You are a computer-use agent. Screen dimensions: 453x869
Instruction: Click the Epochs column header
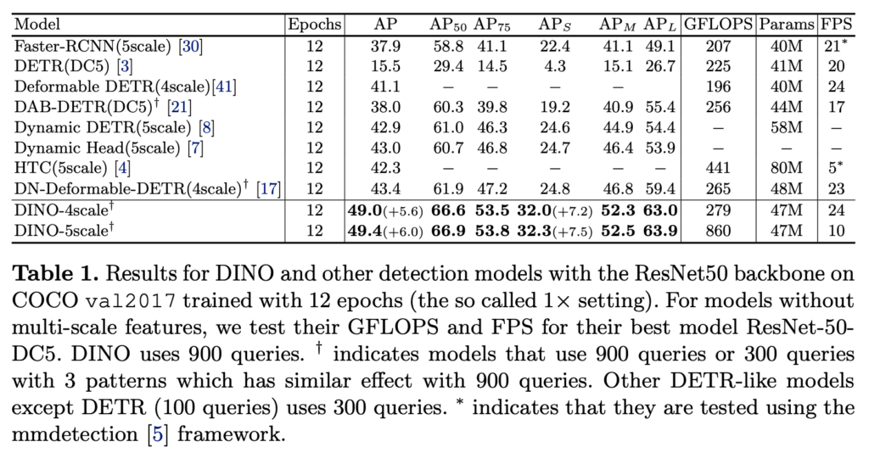pyautogui.click(x=314, y=23)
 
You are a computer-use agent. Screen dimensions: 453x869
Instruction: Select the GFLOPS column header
pyautogui.click(x=718, y=23)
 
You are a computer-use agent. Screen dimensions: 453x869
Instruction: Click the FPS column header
pyautogui.click(x=837, y=23)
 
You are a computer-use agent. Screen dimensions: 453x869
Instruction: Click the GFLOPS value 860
pyautogui.click(x=718, y=229)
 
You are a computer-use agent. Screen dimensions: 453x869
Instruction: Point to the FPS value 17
pyautogui.click(x=837, y=108)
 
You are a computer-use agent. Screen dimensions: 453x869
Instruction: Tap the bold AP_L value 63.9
pyautogui.click(x=661, y=229)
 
